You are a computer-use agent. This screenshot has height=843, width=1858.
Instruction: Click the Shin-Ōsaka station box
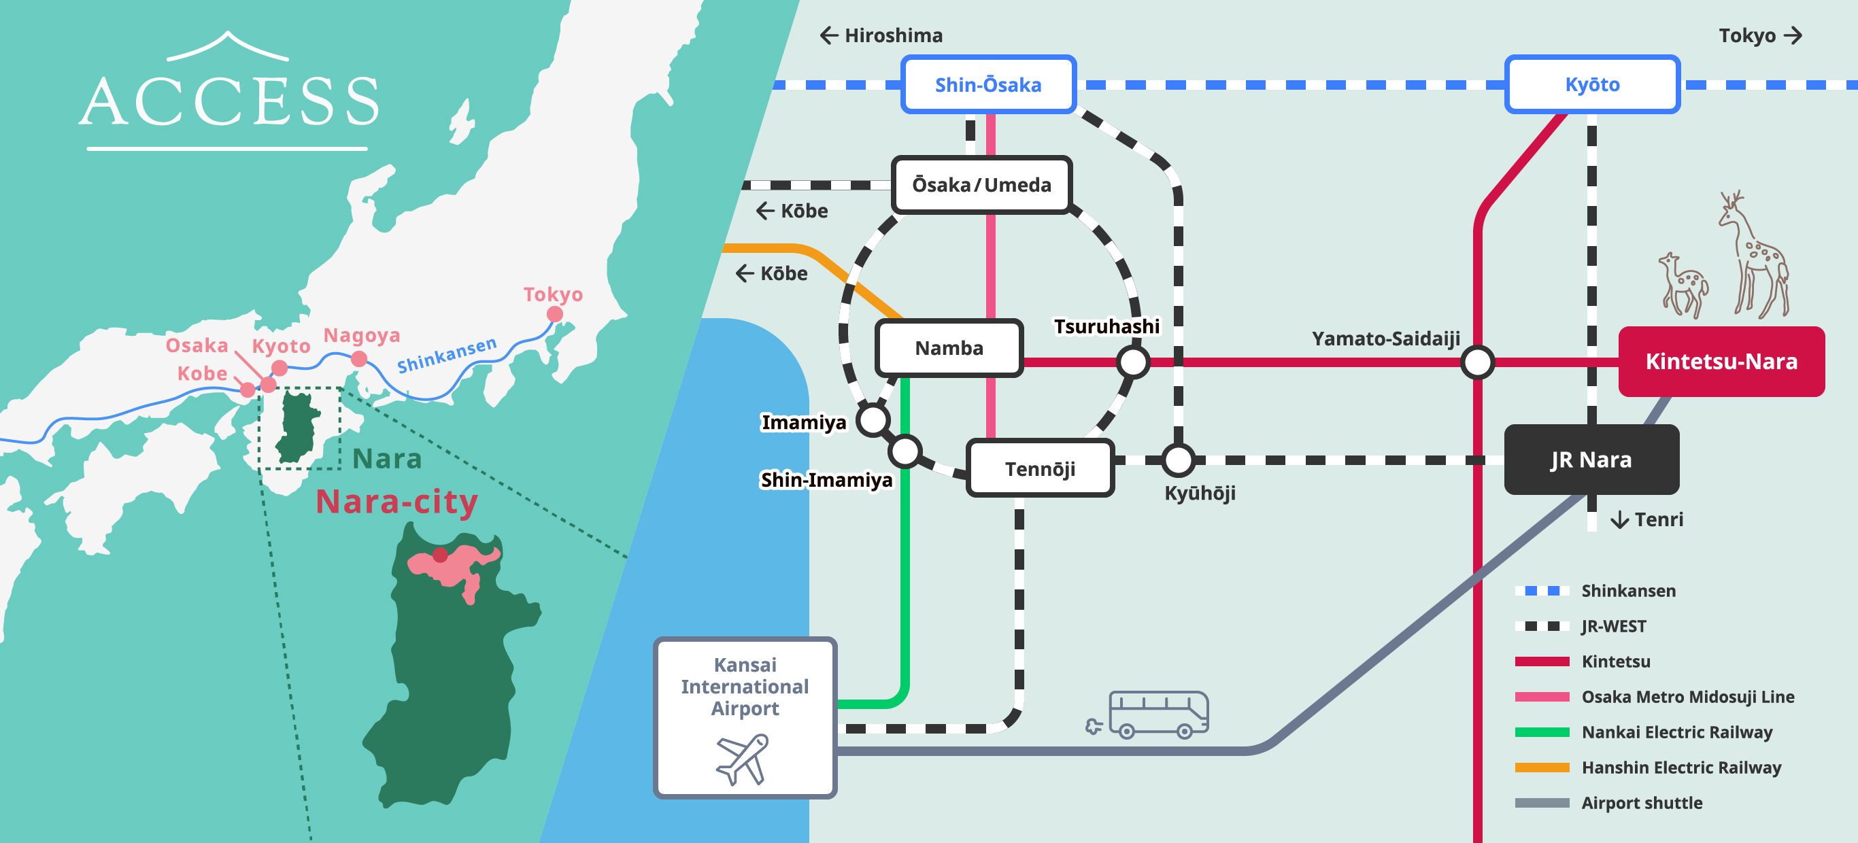[988, 84]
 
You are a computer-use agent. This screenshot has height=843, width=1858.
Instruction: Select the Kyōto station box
[1592, 84]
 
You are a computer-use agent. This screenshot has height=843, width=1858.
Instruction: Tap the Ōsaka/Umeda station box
[981, 185]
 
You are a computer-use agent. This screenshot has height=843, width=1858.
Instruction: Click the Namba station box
[949, 348]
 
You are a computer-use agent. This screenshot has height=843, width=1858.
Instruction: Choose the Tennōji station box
[1039, 468]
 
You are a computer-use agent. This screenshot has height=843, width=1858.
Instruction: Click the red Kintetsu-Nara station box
[1721, 361]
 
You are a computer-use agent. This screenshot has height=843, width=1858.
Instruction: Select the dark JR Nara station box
[1591, 460]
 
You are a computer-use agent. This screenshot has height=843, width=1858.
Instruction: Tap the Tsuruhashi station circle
[1133, 362]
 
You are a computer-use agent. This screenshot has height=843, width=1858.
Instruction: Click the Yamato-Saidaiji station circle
[1477, 362]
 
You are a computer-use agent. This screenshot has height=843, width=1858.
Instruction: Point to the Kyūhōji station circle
[1179, 460]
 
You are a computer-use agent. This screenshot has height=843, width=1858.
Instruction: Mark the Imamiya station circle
[873, 419]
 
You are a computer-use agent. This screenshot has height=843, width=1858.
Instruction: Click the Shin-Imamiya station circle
[905, 451]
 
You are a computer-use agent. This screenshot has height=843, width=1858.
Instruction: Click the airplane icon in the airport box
[742, 759]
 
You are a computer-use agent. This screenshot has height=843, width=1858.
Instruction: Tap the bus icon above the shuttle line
[1157, 714]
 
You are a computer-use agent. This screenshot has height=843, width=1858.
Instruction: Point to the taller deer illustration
[1755, 256]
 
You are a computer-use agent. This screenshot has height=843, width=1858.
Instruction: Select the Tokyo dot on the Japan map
[555, 313]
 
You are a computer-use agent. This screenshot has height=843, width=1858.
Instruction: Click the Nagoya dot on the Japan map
[359, 358]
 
